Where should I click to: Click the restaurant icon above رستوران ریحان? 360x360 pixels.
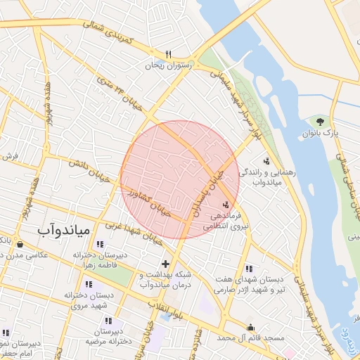pos(168,54)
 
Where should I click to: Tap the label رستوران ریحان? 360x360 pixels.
pos(168,65)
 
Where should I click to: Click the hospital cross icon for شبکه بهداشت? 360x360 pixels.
pos(165,263)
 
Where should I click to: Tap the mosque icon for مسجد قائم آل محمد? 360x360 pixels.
pos(251,327)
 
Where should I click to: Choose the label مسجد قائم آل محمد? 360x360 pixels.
pos(251,338)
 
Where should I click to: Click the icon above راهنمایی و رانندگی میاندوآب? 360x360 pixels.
pos(266,160)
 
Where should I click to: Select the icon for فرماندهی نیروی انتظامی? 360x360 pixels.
pos(225,204)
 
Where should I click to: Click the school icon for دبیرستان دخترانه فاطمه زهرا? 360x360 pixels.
pos(108,244)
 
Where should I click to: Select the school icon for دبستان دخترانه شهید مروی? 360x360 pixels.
pos(89,284)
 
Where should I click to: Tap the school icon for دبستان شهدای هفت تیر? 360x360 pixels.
pos(249,268)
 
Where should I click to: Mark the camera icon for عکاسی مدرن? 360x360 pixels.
pos(19,244)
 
